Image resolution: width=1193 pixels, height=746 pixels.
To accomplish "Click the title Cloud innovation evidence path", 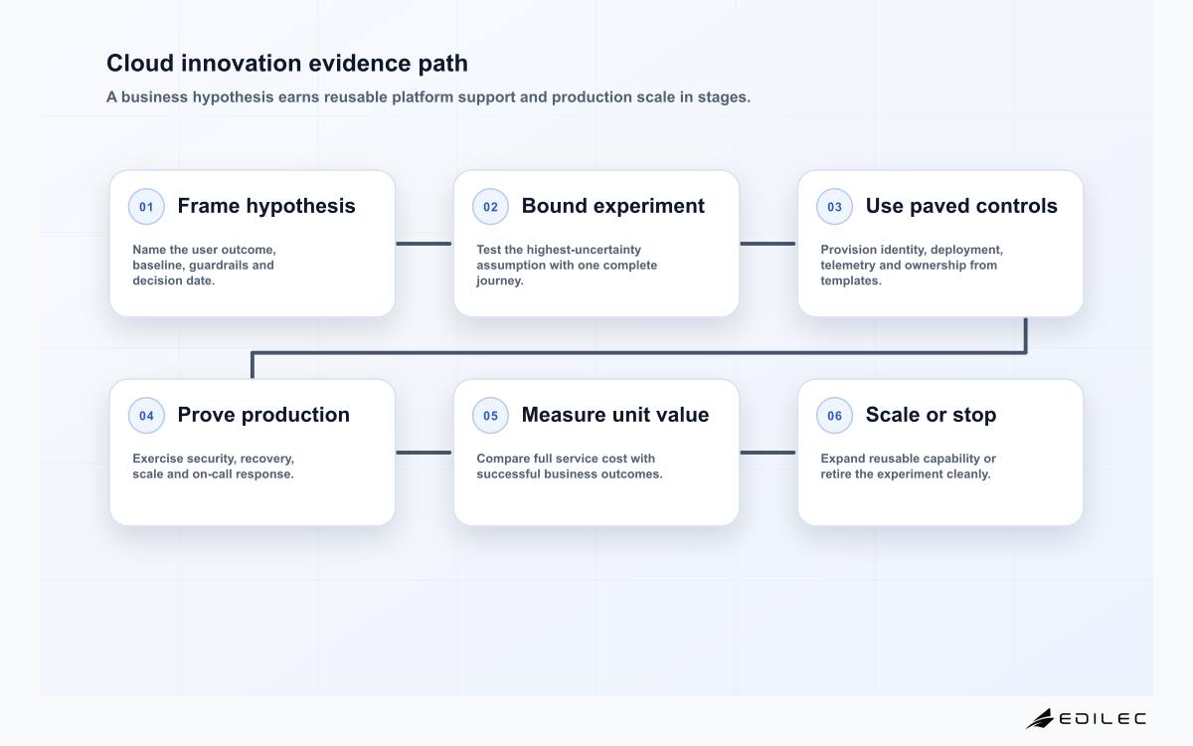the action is (287, 63).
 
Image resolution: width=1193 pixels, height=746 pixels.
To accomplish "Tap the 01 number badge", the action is (146, 206).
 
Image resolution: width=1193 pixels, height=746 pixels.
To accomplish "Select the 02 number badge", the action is (490, 206).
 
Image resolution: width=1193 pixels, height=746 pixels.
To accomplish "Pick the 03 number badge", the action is (834, 206).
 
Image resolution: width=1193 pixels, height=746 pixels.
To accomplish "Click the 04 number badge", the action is (146, 415).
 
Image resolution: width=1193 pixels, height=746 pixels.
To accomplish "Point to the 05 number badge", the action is (490, 415).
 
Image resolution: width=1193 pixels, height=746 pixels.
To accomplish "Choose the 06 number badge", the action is (834, 415).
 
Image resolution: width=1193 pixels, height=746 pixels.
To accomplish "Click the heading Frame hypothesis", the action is (266, 206).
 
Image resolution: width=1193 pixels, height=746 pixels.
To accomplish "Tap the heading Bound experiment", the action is (612, 206).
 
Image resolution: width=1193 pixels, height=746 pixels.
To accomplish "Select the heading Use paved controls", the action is (961, 206).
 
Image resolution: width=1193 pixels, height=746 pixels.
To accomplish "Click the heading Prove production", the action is (263, 415).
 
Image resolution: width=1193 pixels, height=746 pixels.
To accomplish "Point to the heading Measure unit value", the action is (615, 415).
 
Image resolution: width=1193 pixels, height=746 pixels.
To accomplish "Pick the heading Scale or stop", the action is (931, 415).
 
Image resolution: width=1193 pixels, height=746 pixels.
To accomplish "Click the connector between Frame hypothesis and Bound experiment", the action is (424, 244).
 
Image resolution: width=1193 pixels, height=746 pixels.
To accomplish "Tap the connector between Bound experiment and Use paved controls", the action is (767, 244).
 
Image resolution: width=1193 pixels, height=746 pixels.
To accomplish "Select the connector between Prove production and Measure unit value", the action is (424, 453).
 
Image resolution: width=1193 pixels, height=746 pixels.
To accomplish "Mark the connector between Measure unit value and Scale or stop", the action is (767, 453).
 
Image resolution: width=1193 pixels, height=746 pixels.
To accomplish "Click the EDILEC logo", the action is (1087, 719).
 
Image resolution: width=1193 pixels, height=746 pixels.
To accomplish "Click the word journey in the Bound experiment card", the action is (498, 280).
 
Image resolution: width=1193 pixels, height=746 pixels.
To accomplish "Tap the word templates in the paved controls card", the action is (849, 280).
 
